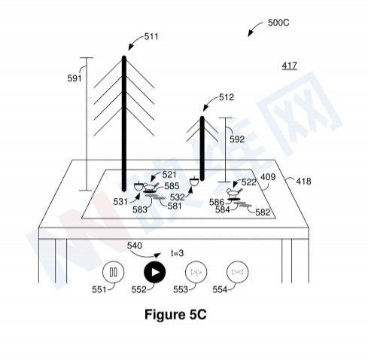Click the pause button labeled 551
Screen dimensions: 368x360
(114, 272)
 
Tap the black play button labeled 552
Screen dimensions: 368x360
(155, 272)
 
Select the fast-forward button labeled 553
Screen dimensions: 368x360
(196, 272)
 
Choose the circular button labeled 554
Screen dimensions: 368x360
(237, 272)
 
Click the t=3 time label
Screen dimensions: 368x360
(178, 253)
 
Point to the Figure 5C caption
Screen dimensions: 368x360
(175, 314)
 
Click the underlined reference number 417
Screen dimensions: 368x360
(290, 66)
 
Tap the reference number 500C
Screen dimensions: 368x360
(278, 23)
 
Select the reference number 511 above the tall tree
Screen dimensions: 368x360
(151, 37)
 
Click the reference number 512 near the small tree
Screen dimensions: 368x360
(227, 97)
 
